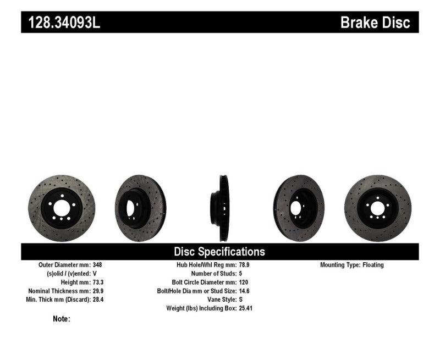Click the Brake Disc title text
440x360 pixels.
[375, 23]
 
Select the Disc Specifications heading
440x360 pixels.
[219, 252]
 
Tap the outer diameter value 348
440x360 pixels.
[97, 265]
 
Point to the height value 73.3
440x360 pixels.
[98, 282]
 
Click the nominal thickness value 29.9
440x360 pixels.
[98, 291]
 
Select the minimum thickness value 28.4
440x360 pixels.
[98, 300]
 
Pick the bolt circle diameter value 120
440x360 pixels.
[244, 282]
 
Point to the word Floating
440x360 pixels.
[373, 265]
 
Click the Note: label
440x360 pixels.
[62, 319]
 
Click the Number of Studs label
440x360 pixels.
[213, 273]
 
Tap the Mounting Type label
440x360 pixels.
[340, 265]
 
